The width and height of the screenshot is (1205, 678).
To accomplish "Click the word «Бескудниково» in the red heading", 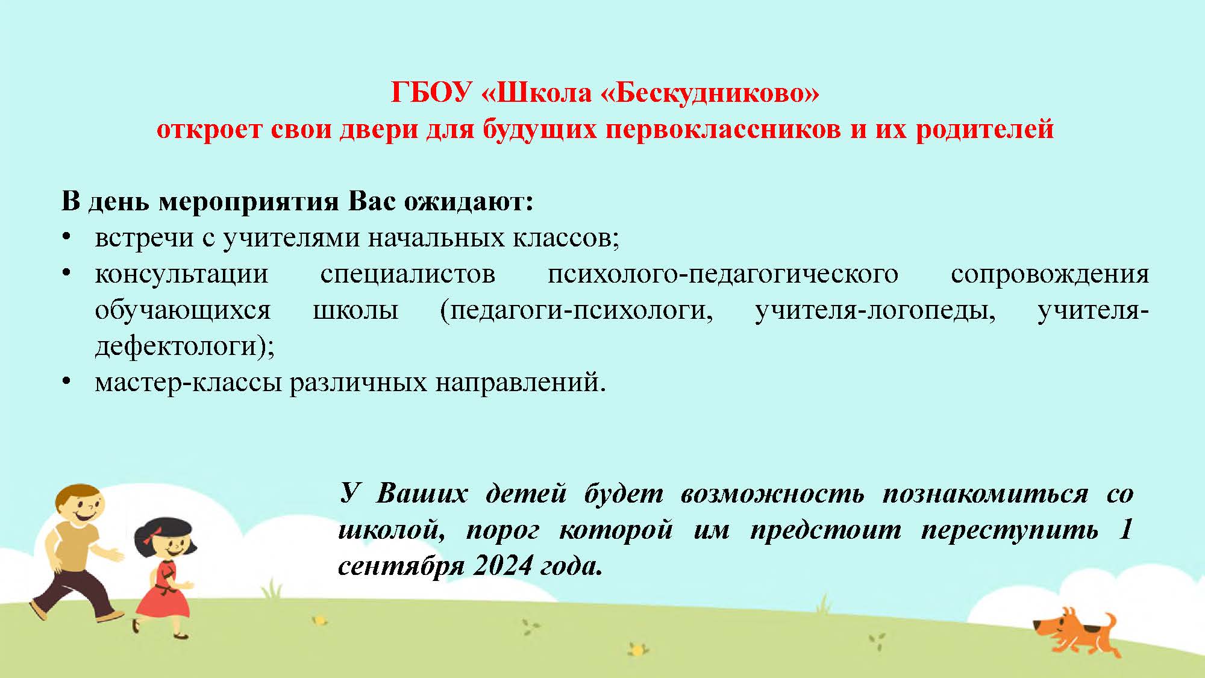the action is (x=710, y=93).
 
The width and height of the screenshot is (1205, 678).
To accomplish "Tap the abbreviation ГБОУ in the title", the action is (x=431, y=92).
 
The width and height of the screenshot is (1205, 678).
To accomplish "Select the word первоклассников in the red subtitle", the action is (x=723, y=130).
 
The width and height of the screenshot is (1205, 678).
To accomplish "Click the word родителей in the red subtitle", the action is (x=985, y=130).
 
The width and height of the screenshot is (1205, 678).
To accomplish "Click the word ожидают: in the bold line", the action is (x=469, y=202).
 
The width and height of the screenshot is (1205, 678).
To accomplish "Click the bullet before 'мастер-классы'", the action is (x=66, y=382).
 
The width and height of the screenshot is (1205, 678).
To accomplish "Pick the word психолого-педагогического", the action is (x=723, y=275).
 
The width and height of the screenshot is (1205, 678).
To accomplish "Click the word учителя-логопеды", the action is (x=875, y=311).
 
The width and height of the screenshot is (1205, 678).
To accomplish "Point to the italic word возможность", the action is (x=772, y=494).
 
